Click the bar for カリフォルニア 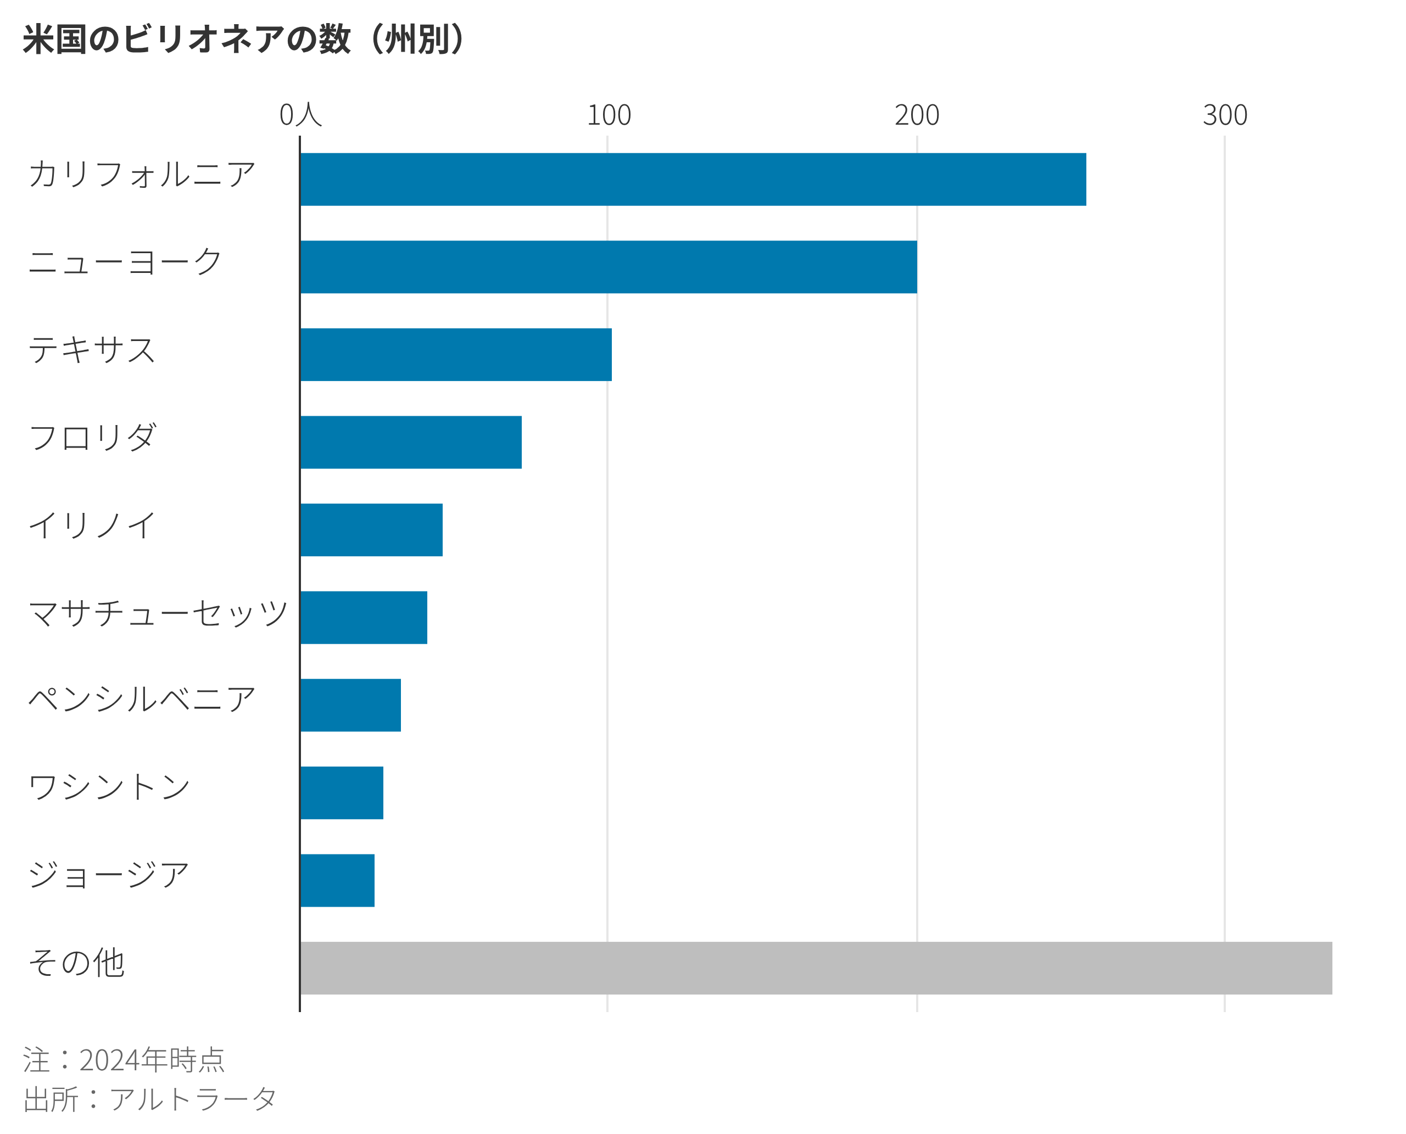click(x=693, y=180)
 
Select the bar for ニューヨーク click(x=609, y=267)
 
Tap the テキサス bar click(x=456, y=355)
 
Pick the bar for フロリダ click(x=411, y=442)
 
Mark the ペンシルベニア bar click(x=351, y=705)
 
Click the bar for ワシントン click(x=342, y=792)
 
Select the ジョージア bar click(x=337, y=880)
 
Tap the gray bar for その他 click(x=816, y=968)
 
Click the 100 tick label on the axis click(x=609, y=116)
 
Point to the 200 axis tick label click(x=917, y=116)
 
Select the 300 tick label click(x=1224, y=116)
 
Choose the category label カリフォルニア click(x=141, y=175)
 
